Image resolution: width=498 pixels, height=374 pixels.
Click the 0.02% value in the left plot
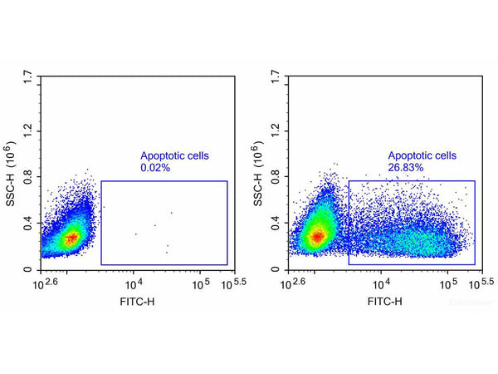[x=155, y=168]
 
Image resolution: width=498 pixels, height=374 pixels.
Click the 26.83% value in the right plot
[x=406, y=167]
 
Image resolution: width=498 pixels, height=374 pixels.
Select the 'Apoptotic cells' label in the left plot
[x=175, y=155]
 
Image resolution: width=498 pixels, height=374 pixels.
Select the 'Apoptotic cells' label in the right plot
[x=422, y=155]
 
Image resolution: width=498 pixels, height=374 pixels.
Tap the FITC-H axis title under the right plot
[x=384, y=300]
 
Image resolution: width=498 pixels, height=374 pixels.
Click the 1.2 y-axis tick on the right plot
[x=276, y=130]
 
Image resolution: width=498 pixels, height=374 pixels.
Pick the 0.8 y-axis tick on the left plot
[x=29, y=177]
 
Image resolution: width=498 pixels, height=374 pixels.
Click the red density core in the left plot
[x=71, y=238]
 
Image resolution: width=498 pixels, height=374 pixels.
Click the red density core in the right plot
[x=317, y=237]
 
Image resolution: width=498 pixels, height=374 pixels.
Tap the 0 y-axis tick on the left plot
[x=32, y=270]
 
